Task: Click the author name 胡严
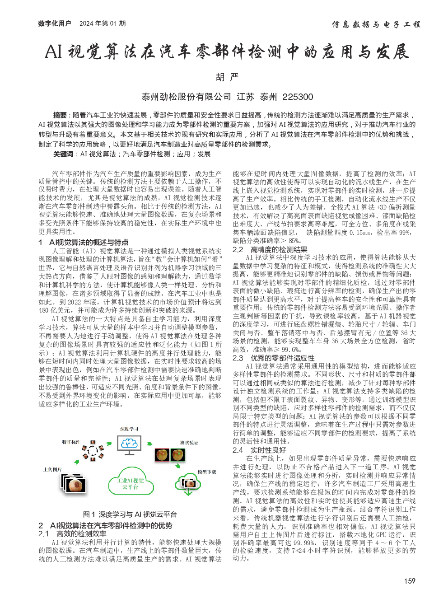point(227,77)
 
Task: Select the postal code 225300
point(298,97)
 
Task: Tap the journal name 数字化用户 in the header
point(55,23)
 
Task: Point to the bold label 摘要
point(60,115)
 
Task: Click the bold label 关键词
point(63,154)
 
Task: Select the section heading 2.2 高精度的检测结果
point(270,249)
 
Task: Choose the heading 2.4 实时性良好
point(259,450)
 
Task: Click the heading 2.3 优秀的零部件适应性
point(274,358)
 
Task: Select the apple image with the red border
point(162,455)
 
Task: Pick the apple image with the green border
point(178,455)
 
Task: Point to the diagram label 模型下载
point(207,472)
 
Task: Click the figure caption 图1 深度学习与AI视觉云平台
point(130,514)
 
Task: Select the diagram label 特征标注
point(71,442)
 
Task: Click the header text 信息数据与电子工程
point(376,24)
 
